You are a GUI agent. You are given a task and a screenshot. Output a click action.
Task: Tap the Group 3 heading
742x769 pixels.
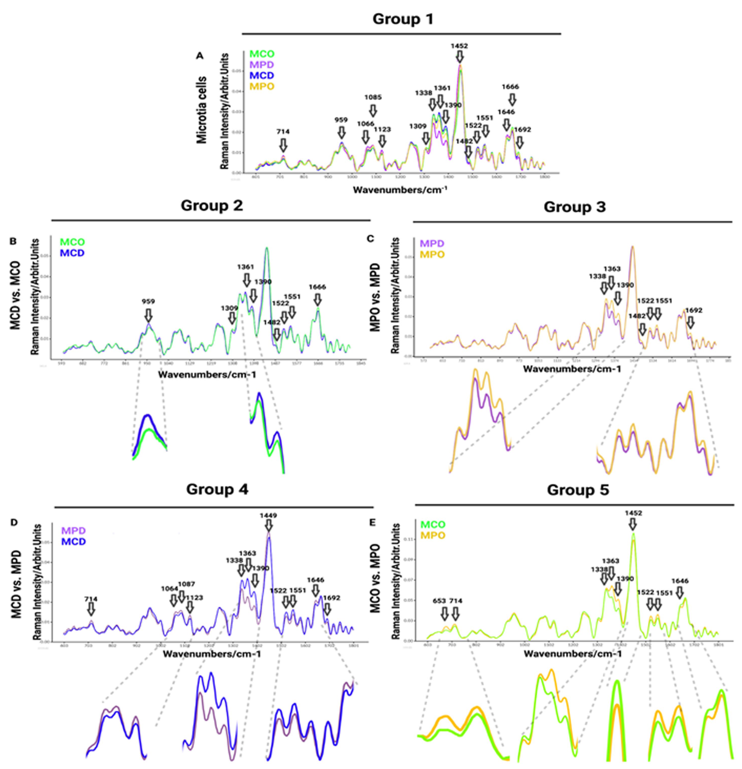pos(574,207)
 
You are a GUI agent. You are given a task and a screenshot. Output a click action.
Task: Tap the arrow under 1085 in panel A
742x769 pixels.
pos(373,111)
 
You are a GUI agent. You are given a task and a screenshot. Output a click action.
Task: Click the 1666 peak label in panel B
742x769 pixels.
pos(317,287)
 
